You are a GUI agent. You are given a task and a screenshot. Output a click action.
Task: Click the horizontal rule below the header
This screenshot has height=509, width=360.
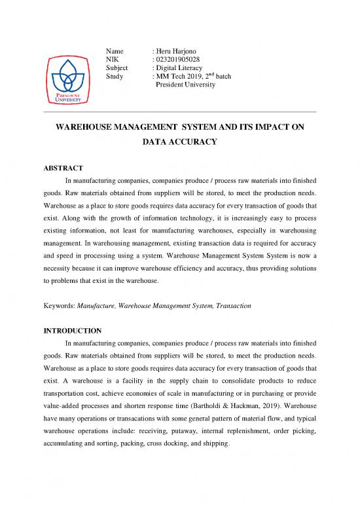pos(179,113)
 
